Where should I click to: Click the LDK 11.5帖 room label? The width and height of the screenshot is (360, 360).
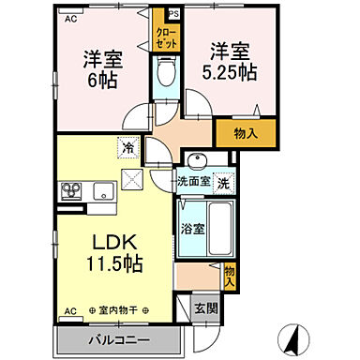(116, 253)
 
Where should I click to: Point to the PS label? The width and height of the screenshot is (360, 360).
(172, 14)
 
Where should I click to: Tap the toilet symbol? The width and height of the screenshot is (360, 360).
(166, 71)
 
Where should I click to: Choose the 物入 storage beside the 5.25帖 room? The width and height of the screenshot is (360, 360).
(246, 134)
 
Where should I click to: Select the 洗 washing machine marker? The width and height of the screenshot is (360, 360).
(224, 184)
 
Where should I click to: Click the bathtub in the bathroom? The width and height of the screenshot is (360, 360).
(203, 228)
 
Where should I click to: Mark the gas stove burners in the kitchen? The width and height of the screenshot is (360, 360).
(72, 193)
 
